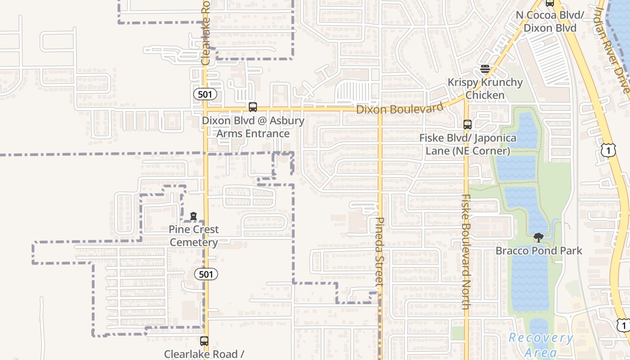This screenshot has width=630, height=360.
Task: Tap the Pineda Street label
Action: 379,252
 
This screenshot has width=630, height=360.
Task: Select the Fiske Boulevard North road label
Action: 466,252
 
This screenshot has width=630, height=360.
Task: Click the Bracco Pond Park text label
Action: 539,251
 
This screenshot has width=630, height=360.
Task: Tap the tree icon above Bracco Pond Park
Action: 538,238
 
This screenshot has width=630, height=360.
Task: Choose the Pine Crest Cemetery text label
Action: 193,236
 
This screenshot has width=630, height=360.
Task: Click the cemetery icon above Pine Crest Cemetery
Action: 193,216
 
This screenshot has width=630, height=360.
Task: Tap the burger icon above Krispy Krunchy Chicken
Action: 485,69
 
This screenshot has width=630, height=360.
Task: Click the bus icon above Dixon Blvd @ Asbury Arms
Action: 253,107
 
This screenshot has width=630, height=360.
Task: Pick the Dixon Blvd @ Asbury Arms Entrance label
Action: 253,127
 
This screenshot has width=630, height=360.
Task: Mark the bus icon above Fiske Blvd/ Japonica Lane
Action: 468,125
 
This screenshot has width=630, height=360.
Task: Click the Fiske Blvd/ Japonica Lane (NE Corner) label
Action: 468,144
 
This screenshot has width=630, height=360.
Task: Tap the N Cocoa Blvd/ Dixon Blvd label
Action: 550,21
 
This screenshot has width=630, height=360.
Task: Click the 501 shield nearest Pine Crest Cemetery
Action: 206,274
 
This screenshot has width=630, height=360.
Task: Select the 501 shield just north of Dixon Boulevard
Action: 205,94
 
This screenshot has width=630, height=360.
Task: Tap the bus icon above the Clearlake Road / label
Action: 204,341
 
